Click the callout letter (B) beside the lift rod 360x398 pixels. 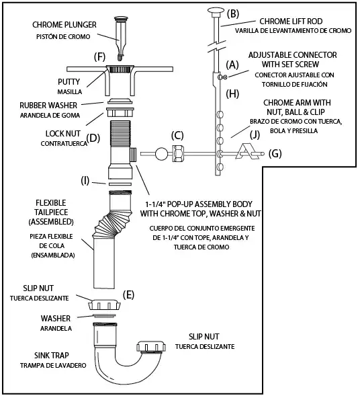(233, 14)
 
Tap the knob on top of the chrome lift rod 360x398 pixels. (216, 11)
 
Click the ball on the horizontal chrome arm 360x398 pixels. (161, 154)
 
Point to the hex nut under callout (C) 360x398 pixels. (178, 153)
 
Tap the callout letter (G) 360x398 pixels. (275, 154)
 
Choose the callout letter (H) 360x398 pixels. (232, 94)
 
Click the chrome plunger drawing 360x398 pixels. (121, 38)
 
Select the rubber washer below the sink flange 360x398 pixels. (120, 101)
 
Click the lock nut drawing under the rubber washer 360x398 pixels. (120, 112)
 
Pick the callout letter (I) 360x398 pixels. (85, 181)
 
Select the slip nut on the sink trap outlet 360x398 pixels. (151, 347)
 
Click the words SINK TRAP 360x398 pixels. (52, 356)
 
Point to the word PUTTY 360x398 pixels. (69, 82)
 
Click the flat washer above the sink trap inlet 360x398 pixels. (104, 316)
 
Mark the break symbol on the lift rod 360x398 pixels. (217, 46)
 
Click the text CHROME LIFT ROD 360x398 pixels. (291, 22)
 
